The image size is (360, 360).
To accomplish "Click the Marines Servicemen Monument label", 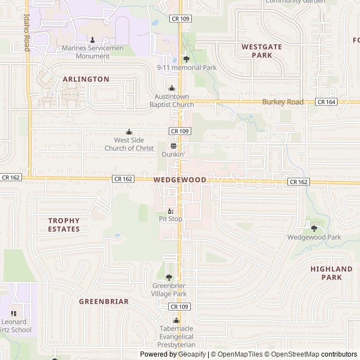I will tap(93, 52).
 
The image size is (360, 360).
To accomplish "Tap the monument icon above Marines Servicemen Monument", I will tap(93, 39).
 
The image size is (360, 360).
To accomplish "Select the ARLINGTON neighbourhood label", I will tap(86, 79).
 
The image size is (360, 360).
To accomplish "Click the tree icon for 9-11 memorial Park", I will tap(186, 58).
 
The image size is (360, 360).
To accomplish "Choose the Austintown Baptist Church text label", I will tap(174, 101).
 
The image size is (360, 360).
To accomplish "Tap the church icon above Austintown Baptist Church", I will tap(172, 88).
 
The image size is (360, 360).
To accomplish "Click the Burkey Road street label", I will tap(283, 102).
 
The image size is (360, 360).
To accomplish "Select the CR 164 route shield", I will tap(326, 102).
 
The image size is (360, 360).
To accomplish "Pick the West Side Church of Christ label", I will tap(129, 144).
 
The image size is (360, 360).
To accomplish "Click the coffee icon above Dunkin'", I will tap(173, 145).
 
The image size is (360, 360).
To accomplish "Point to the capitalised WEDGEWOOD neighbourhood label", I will tap(179, 179).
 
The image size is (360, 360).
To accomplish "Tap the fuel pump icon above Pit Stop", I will tap(170, 210).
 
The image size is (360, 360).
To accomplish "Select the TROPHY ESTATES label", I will tap(64, 225).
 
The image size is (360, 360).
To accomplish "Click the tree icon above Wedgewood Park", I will tap(314, 228).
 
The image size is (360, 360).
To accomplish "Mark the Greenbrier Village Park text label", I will tap(169, 290).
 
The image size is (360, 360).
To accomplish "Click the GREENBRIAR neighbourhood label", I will tap(103, 301).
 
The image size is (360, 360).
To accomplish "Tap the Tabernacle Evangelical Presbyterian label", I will tap(176, 336).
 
